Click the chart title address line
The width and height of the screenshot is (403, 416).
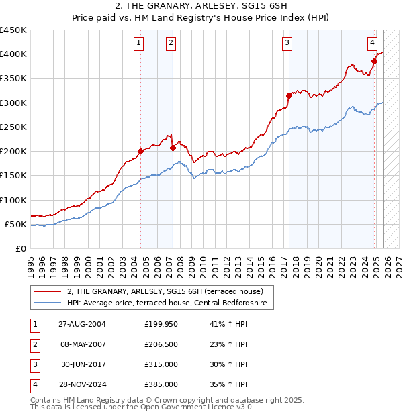pos(201,7)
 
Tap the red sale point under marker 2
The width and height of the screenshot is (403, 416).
pos(173,148)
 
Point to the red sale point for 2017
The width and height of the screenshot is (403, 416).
pos(289,95)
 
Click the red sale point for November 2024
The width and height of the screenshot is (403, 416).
pos(375,61)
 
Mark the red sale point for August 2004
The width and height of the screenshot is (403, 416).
pos(140,151)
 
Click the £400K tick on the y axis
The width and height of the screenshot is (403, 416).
pos(13,54)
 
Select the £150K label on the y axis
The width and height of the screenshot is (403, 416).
pos(13,176)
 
